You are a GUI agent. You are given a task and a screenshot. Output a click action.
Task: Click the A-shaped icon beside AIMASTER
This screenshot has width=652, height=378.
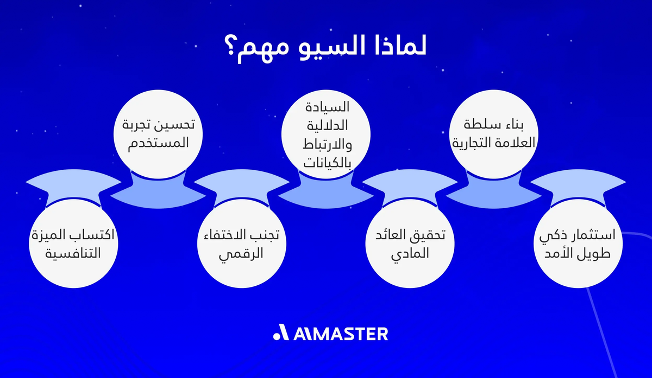[x=281, y=332]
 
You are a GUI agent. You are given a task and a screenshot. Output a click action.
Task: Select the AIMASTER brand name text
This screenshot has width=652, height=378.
[x=341, y=333]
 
